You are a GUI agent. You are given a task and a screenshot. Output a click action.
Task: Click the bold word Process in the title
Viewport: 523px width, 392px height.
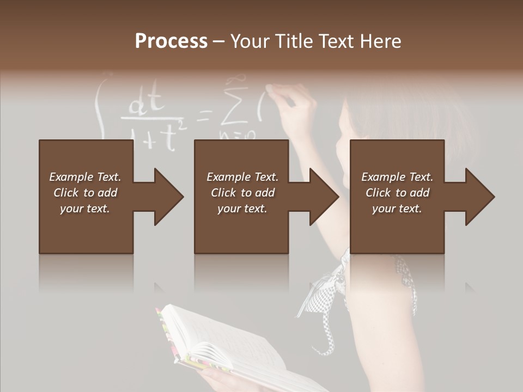[171, 41]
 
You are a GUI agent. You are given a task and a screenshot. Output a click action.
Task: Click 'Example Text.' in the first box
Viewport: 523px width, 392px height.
[85, 177]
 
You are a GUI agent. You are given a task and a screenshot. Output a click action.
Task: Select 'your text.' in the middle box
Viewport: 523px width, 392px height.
[242, 209]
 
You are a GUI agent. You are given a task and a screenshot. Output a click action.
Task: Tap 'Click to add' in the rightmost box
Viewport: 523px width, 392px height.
[397, 193]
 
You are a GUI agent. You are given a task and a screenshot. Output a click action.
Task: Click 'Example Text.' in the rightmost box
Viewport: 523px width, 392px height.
[397, 177]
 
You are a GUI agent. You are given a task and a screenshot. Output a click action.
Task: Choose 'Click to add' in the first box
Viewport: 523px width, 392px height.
[85, 193]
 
